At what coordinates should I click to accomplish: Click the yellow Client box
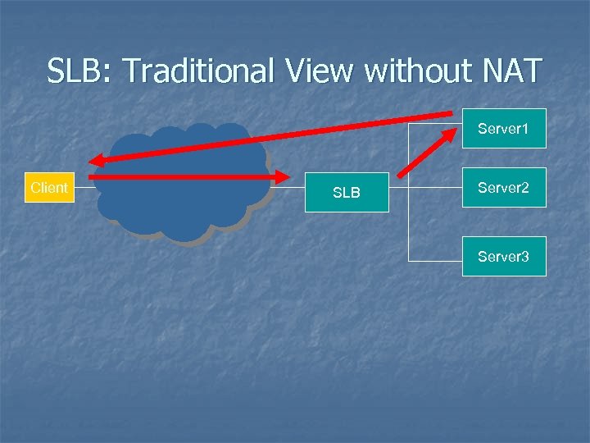click(x=49, y=188)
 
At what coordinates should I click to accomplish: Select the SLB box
click(x=347, y=193)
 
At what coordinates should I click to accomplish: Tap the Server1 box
click(x=503, y=129)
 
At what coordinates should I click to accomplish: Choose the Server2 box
click(x=503, y=188)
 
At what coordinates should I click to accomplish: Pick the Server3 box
click(x=503, y=257)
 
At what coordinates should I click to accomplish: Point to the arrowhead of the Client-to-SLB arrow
click(x=283, y=176)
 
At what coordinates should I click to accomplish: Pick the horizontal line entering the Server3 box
click(x=435, y=260)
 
